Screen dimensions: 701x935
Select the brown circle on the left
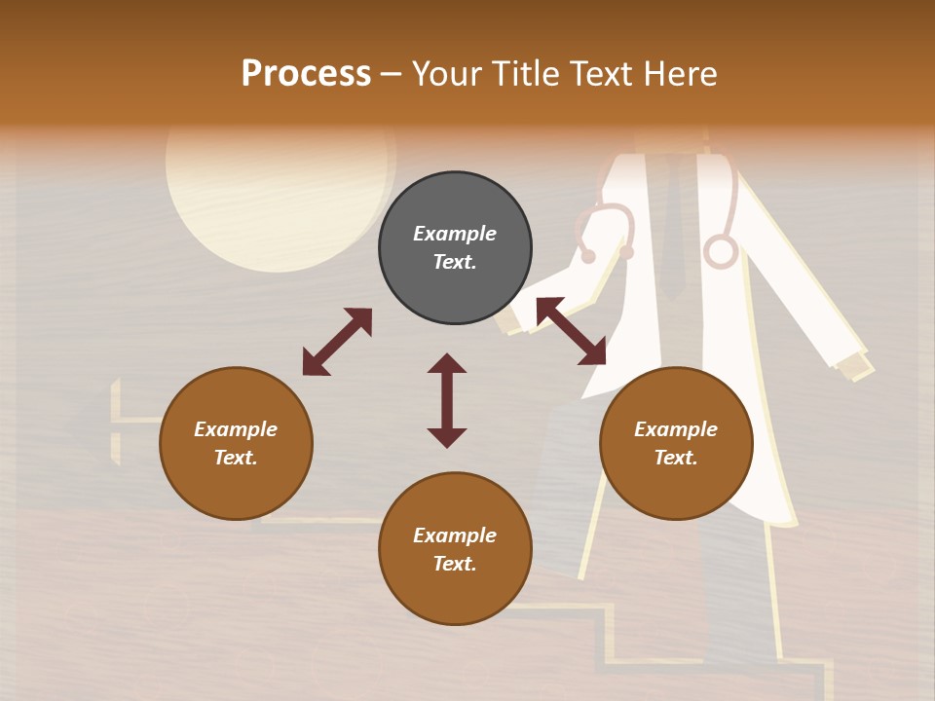tap(236, 443)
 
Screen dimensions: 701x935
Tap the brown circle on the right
tap(676, 443)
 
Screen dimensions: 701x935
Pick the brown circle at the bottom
tap(455, 548)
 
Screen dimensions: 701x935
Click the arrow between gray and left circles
tap(337, 342)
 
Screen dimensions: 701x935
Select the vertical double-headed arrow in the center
tap(447, 400)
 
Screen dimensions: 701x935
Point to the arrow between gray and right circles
tap(571, 331)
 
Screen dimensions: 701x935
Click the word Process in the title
tap(306, 74)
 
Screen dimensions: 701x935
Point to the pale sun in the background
tap(278, 200)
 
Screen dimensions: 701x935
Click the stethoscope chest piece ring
tap(721, 251)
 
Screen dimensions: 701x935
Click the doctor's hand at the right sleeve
tap(854, 365)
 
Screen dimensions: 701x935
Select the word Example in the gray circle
tap(455, 234)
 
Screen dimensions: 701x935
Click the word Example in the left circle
tap(236, 429)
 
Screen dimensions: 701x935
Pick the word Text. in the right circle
tap(676, 458)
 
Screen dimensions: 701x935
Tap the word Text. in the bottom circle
tap(455, 564)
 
